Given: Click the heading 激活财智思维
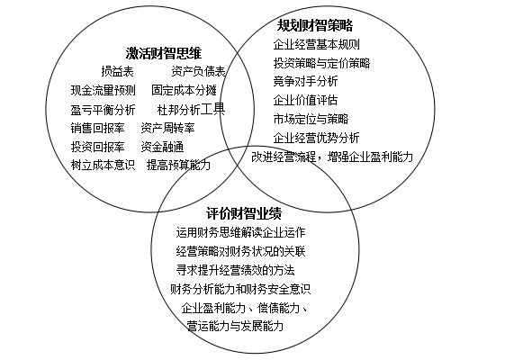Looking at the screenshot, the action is pos(164,53).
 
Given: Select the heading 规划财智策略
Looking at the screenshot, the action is pos(315,25).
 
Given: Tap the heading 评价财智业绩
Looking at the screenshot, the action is pos(244,212).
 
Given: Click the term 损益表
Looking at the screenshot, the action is pos(118,71).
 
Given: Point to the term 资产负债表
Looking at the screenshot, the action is pos(198,71).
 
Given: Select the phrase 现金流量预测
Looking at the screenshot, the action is pos(103,91).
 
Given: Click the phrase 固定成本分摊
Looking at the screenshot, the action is pos(184,91).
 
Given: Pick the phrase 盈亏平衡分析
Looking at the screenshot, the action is pos(103,110).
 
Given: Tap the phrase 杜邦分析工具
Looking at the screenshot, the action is pos(192,110).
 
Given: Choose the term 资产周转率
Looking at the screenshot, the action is pos(167,128).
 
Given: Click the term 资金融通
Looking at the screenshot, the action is pos(162,147).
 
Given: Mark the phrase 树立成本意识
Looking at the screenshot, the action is pos(103,166).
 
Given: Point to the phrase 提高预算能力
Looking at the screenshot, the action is pos(179,166).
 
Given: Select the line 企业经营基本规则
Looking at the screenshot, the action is pos(316,44).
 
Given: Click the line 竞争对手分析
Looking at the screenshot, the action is pos(305,81).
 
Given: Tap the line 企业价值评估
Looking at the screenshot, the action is pos(305,100).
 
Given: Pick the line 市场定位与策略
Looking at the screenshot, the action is pos(311,119).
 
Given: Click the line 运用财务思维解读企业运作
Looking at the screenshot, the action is pos(241,232).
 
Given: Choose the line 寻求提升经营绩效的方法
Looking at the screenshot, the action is pos(236,270).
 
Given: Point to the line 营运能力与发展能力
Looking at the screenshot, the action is pos(235,326).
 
